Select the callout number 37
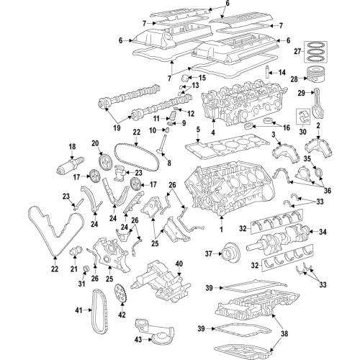tap(209, 253)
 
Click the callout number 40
tap(179, 264)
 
